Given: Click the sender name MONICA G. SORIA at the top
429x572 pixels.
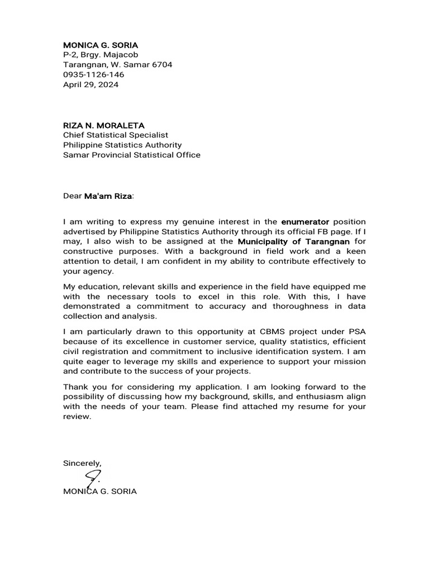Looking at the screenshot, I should [x=101, y=44].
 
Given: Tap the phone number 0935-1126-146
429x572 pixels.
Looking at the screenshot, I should [x=93, y=74].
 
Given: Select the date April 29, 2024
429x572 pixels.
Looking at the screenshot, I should [x=90, y=84].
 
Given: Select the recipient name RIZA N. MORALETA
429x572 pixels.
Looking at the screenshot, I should [x=104, y=125].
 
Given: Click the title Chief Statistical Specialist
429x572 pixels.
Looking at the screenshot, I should [x=115, y=135].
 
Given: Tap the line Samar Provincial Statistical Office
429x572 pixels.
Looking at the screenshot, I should [x=131, y=155].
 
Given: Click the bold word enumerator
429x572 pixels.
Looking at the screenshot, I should [x=306, y=222].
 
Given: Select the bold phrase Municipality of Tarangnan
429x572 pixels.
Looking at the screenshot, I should [x=294, y=242].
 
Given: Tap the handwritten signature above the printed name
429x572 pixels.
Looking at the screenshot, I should [x=93, y=478].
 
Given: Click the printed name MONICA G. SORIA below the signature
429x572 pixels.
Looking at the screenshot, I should [x=100, y=492].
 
